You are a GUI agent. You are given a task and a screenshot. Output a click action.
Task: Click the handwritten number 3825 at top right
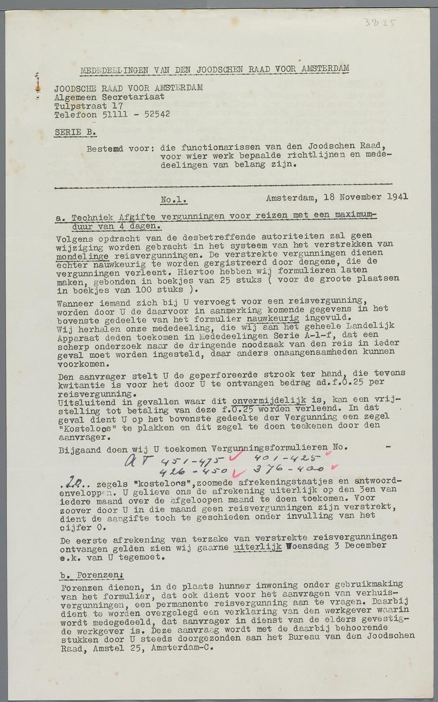(x=380, y=22)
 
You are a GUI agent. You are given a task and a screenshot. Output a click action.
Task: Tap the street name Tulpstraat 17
(x=88, y=106)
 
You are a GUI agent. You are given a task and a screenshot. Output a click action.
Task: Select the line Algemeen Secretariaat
(x=109, y=97)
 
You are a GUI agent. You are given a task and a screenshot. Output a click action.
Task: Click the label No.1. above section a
(x=174, y=200)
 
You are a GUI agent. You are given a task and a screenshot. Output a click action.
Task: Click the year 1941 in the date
(x=398, y=197)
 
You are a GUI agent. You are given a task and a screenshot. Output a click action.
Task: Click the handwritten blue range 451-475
(x=193, y=461)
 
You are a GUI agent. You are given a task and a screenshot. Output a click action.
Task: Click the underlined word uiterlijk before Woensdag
(x=258, y=547)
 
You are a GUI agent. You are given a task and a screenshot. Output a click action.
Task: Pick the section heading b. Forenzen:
(x=91, y=575)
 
